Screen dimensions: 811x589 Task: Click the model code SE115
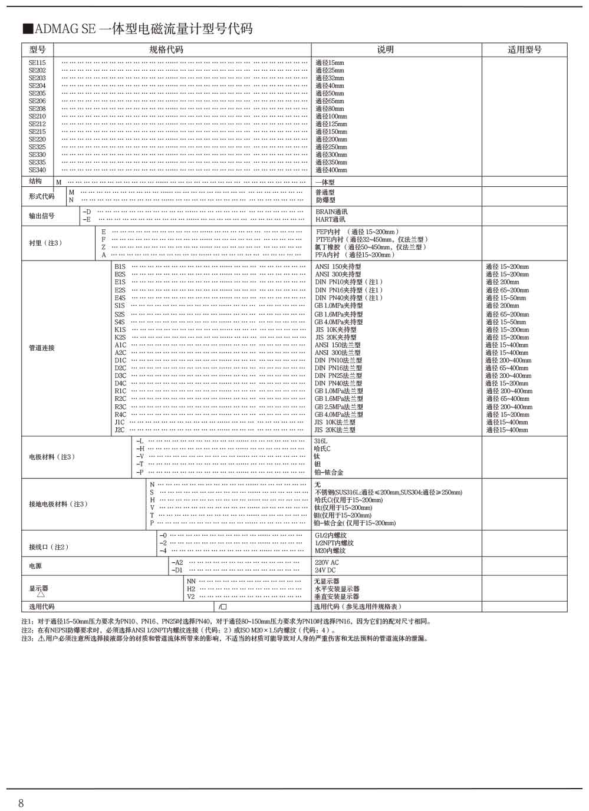click(37, 62)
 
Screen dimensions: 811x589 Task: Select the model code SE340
click(37, 170)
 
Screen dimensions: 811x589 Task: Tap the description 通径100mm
click(331, 116)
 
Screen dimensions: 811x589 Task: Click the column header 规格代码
click(166, 50)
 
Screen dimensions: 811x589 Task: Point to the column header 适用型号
click(524, 50)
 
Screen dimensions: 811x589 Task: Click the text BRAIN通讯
click(331, 212)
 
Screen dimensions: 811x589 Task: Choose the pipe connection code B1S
click(120, 266)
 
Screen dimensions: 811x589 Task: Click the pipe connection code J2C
click(120, 430)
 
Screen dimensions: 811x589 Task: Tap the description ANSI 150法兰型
click(337, 345)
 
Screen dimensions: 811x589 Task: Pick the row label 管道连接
click(41, 348)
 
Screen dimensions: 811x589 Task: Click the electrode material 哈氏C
click(322, 449)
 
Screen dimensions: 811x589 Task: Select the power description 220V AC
click(327, 562)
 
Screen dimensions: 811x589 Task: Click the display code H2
click(191, 589)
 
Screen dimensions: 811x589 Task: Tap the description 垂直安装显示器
click(337, 596)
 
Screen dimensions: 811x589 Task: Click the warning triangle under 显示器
click(41, 594)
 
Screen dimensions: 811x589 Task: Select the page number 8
click(21, 803)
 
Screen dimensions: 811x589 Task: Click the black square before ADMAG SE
click(27, 29)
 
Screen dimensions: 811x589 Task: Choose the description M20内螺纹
click(330, 550)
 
